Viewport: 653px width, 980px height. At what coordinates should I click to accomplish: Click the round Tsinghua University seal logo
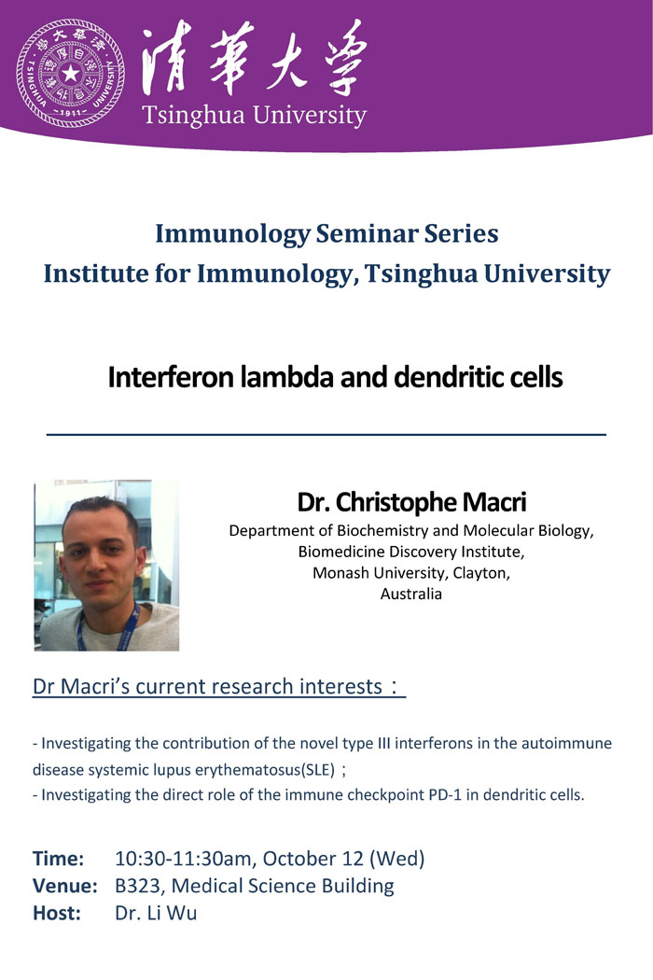(x=71, y=73)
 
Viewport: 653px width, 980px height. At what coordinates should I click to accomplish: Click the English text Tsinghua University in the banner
(x=254, y=116)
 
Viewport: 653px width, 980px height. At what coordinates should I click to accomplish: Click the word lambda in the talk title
(x=292, y=377)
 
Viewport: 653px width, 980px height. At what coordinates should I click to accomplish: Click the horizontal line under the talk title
(x=326, y=434)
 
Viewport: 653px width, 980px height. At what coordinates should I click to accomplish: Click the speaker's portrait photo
(x=106, y=565)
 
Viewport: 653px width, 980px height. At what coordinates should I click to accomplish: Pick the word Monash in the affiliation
(x=340, y=572)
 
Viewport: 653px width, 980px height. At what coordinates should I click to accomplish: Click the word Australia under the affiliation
(x=411, y=594)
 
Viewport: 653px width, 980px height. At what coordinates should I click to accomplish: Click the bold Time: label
(x=58, y=858)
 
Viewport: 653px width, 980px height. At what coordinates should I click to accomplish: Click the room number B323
(x=140, y=886)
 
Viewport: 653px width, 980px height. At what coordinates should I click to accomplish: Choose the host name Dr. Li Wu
(x=156, y=913)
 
